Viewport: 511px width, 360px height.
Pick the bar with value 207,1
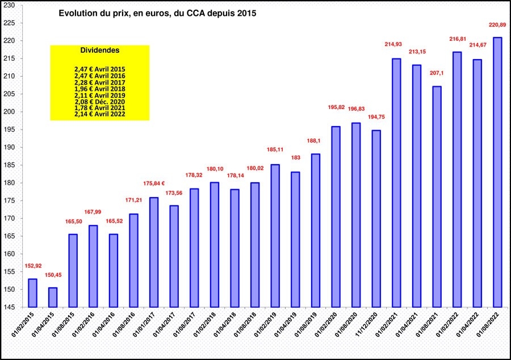tap(437, 196)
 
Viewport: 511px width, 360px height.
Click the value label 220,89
tap(497, 25)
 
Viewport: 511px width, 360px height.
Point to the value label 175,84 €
tap(153, 183)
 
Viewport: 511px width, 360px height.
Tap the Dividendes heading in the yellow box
tap(100, 50)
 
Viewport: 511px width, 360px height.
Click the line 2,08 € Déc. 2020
tap(100, 101)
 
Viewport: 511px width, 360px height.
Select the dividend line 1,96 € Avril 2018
tap(100, 89)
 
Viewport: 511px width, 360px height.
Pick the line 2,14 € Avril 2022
tap(100, 114)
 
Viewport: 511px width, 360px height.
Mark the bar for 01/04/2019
tap(295, 239)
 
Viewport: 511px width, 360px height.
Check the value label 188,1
tap(315, 141)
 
